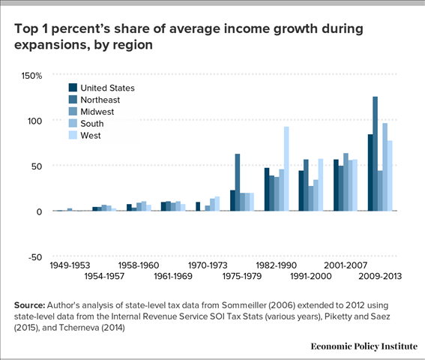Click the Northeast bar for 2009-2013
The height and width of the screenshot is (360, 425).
376,154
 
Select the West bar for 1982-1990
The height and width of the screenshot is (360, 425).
286,169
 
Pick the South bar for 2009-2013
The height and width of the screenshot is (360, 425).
385,166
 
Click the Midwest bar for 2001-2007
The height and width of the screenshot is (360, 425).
346,182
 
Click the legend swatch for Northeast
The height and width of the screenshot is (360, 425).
73,100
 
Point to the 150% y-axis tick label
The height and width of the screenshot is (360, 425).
31,76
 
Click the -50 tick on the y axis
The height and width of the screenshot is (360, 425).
34,256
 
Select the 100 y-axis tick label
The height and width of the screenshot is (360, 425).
34,121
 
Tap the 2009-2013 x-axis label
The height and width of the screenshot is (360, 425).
380,276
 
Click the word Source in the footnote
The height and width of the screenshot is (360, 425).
32,305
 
